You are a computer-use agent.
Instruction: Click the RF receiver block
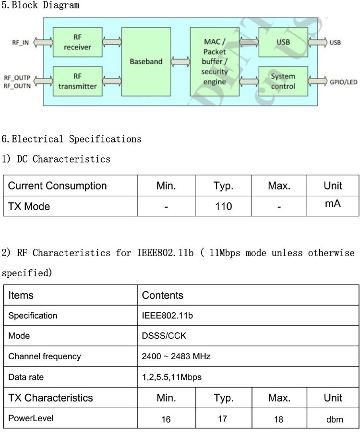77,42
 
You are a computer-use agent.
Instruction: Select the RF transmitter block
77,81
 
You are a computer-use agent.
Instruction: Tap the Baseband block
146,61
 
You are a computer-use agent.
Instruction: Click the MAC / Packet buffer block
215,62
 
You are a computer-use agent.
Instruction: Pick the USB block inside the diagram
283,42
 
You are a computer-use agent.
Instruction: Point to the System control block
283,81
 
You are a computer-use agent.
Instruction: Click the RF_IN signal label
20,43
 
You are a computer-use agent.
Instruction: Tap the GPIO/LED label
343,82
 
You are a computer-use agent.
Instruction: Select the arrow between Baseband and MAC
180,62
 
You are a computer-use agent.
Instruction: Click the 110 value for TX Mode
223,207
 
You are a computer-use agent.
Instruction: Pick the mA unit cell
333,204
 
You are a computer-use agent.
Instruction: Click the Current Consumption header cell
58,186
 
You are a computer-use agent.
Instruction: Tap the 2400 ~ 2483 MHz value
176,356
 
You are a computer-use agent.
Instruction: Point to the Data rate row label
26,377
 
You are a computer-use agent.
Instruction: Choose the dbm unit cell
335,420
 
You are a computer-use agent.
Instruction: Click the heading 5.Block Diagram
40,6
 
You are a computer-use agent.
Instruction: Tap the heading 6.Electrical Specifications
72,139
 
